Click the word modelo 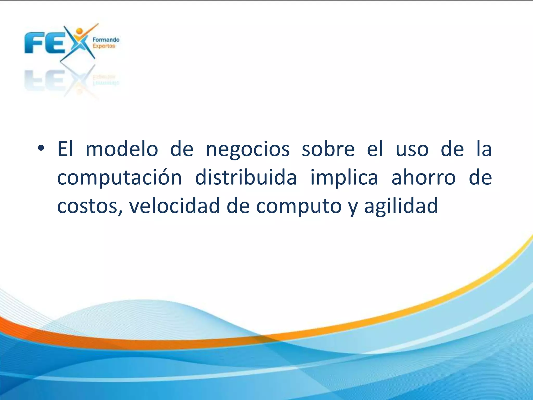tap(122, 149)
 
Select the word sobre tap(328, 149)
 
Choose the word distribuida tap(246, 178)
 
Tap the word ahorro tap(423, 178)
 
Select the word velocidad tap(175, 206)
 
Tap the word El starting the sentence tap(65, 149)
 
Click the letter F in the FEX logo tap(35, 43)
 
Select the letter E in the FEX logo tap(54, 43)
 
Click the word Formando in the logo tap(106, 40)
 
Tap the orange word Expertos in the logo tap(104, 46)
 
